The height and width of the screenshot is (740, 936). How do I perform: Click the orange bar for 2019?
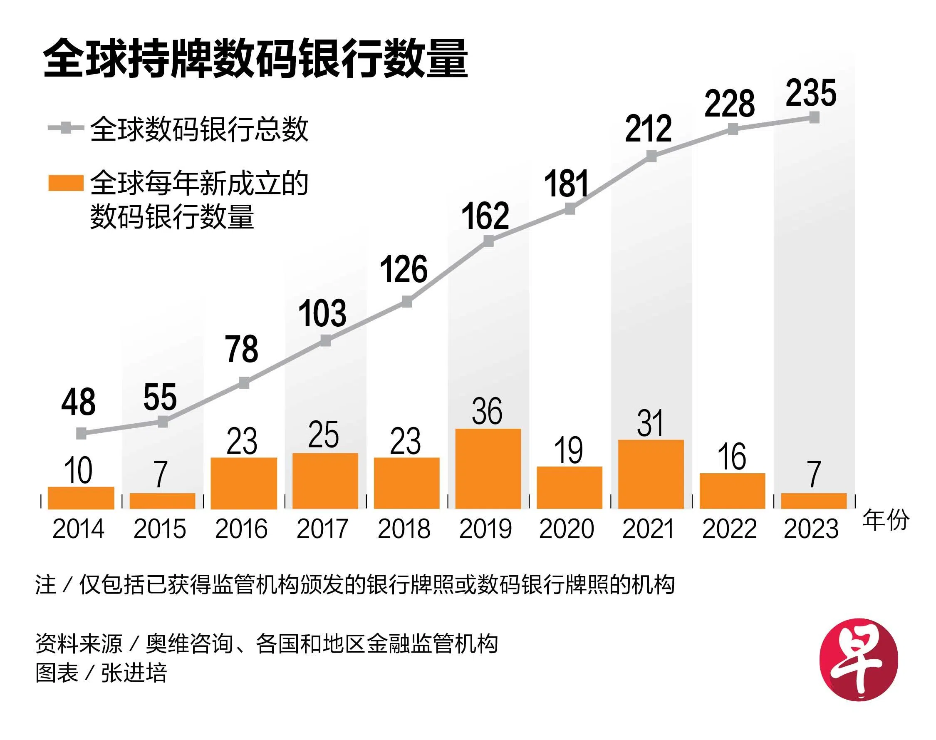click(x=488, y=469)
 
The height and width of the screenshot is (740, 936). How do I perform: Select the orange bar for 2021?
click(x=651, y=474)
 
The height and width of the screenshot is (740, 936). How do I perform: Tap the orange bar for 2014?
click(x=81, y=498)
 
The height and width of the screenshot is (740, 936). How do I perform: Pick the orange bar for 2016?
click(x=244, y=483)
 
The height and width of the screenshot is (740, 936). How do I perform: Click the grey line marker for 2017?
click(x=325, y=340)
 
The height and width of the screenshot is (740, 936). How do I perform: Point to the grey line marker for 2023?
click(x=814, y=117)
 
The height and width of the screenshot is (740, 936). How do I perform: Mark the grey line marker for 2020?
click(x=570, y=209)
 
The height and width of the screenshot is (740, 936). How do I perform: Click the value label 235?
click(x=811, y=93)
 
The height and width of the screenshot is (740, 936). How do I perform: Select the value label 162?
click(x=485, y=216)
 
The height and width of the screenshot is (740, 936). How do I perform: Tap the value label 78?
click(x=242, y=349)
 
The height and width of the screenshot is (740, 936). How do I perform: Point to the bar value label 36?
click(x=487, y=411)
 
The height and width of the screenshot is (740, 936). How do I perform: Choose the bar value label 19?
click(x=568, y=451)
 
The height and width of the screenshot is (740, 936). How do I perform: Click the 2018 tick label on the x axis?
click(x=404, y=529)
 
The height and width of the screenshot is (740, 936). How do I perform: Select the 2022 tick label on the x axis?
click(x=730, y=529)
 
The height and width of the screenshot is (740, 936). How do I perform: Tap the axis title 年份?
click(x=886, y=520)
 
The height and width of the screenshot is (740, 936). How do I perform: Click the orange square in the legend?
click(x=65, y=183)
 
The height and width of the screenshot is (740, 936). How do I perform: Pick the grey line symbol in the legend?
click(x=65, y=128)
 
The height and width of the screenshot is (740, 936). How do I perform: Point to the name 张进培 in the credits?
click(x=134, y=673)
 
